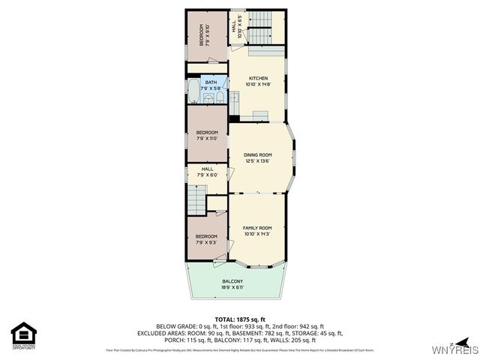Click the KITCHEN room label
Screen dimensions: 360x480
257,78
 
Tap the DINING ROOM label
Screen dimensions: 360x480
257,155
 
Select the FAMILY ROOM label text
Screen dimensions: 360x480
257,228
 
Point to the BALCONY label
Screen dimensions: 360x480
232,280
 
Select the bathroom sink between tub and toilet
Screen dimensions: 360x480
208,97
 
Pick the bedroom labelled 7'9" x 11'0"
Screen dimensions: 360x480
206,135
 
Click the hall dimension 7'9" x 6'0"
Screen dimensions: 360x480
207,175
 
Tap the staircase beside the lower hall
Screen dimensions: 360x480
196,201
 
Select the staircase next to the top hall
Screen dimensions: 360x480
259,26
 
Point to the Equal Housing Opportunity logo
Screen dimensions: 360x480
24,335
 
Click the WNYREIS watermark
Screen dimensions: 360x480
450,349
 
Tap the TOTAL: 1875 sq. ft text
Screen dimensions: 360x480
239,319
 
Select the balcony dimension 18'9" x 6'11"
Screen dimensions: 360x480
232,287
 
